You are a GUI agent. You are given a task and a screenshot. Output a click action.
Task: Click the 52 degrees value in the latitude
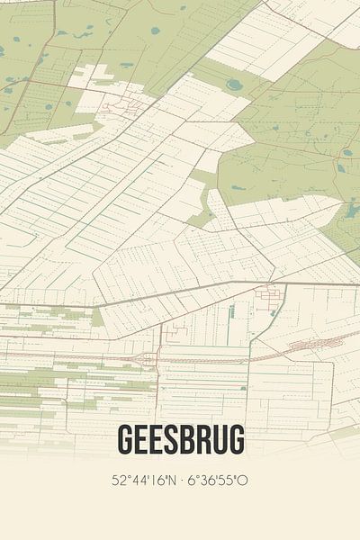[117, 480]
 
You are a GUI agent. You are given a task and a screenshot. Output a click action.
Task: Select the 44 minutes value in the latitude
[137, 480]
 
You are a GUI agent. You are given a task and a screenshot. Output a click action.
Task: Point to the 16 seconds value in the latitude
[154, 480]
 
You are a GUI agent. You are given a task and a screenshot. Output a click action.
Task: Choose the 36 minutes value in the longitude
[206, 480]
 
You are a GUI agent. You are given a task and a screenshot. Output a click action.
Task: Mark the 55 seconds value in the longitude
[225, 480]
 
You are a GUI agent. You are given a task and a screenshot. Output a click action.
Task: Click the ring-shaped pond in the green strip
[234, 85]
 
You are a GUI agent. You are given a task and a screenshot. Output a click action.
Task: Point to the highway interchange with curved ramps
[144, 358]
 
